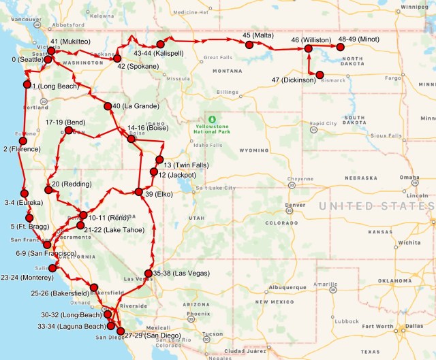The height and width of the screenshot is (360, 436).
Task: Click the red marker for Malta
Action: [249, 44]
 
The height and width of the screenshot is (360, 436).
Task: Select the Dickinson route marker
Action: [320, 75]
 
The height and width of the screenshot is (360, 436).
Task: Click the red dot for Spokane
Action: [117, 59]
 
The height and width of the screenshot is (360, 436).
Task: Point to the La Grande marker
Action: [108, 106]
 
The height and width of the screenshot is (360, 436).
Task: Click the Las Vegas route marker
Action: [149, 273]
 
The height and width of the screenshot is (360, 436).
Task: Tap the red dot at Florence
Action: [23, 141]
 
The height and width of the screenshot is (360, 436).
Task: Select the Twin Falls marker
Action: [159, 160]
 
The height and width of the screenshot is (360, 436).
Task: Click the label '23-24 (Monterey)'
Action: [27, 278]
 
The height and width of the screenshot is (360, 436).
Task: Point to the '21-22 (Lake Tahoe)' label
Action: [114, 230]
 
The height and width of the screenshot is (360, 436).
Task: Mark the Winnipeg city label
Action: [415, 8]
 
